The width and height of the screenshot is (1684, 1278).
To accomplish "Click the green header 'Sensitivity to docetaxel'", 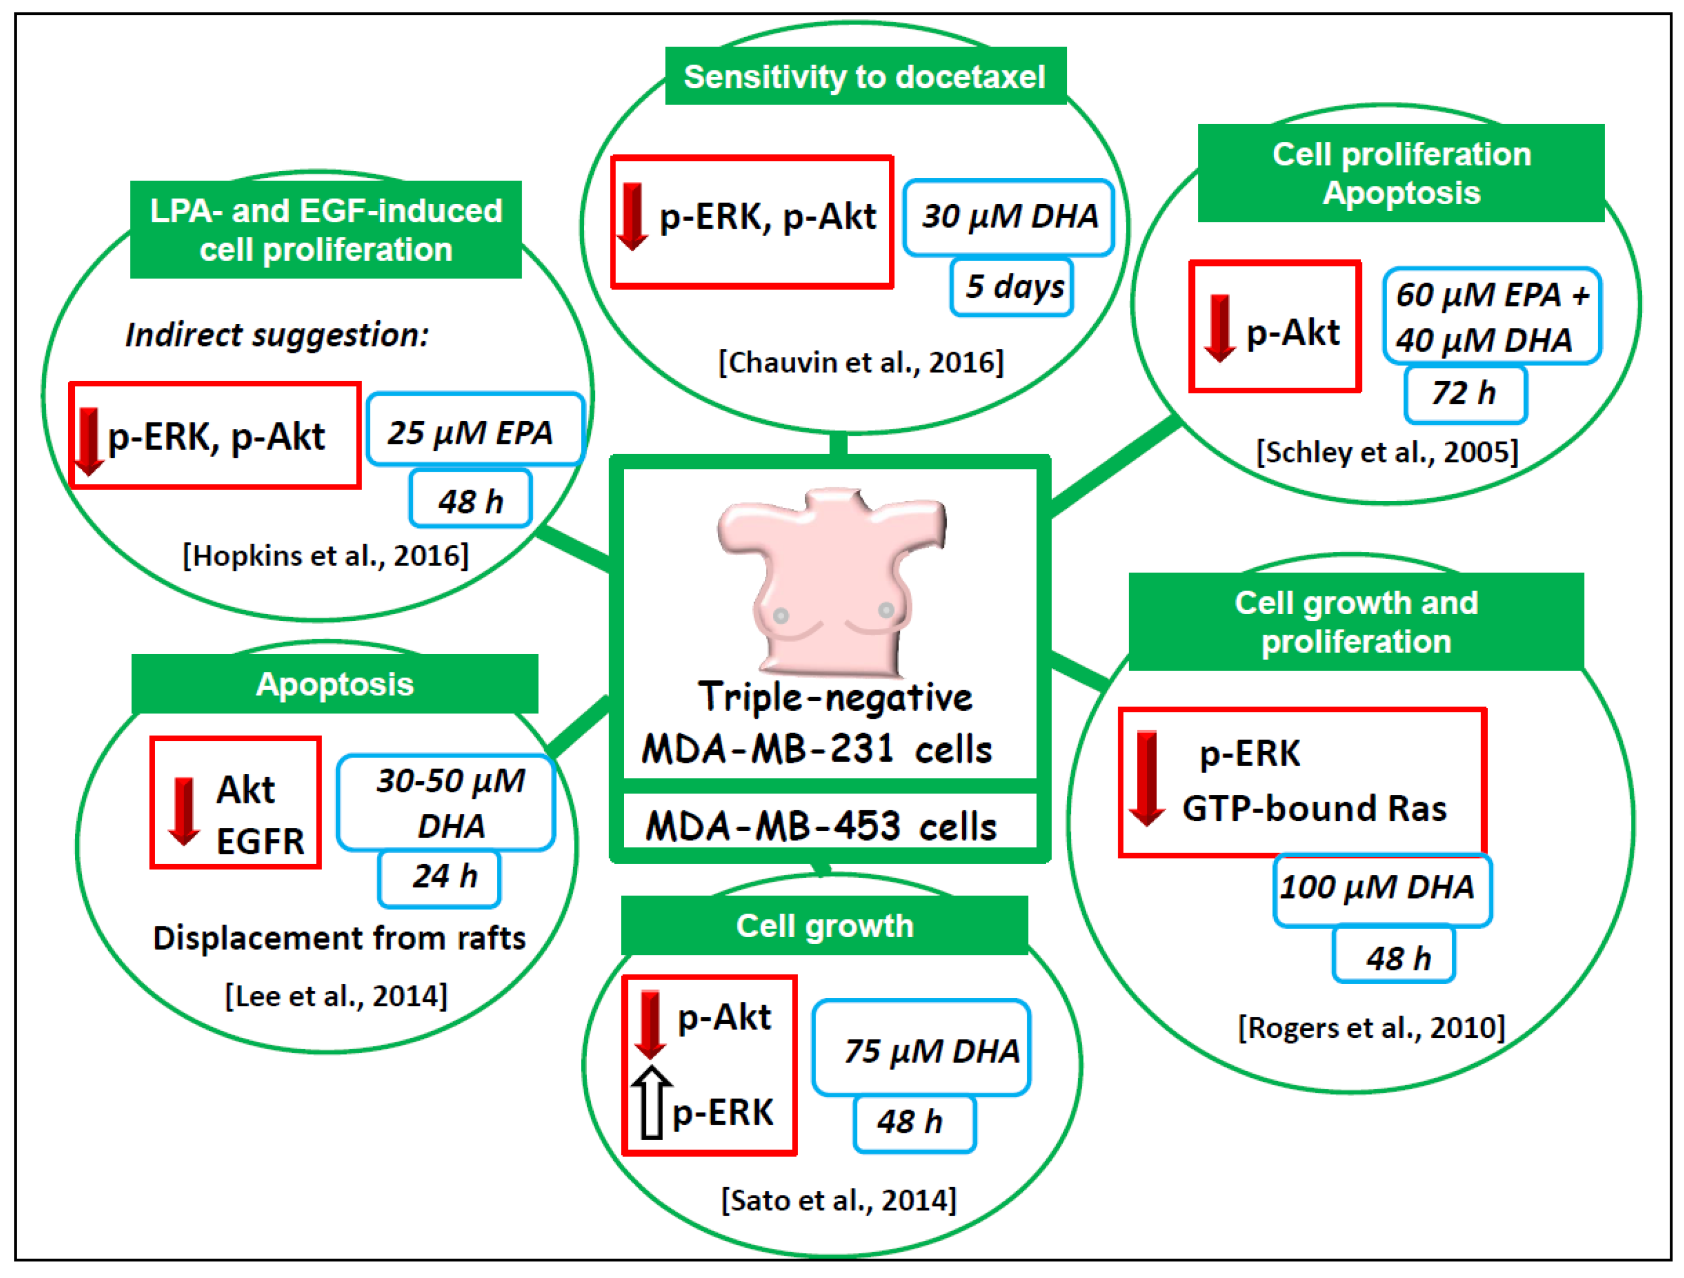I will (x=865, y=76).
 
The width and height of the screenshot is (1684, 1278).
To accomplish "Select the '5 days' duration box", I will (x=1012, y=287).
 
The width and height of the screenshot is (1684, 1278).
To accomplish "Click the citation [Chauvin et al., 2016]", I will (x=861, y=363).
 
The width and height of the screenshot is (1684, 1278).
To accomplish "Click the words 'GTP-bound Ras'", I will (x=1314, y=809).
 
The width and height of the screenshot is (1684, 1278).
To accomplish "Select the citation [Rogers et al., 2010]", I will (x=1371, y=1028).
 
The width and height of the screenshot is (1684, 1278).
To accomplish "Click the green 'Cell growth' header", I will (x=824, y=926).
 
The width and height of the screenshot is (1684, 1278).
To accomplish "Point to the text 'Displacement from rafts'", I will (x=339, y=938).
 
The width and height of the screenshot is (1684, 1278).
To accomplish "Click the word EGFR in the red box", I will (x=260, y=842).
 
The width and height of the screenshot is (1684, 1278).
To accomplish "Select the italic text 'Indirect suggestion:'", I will (x=277, y=335).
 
